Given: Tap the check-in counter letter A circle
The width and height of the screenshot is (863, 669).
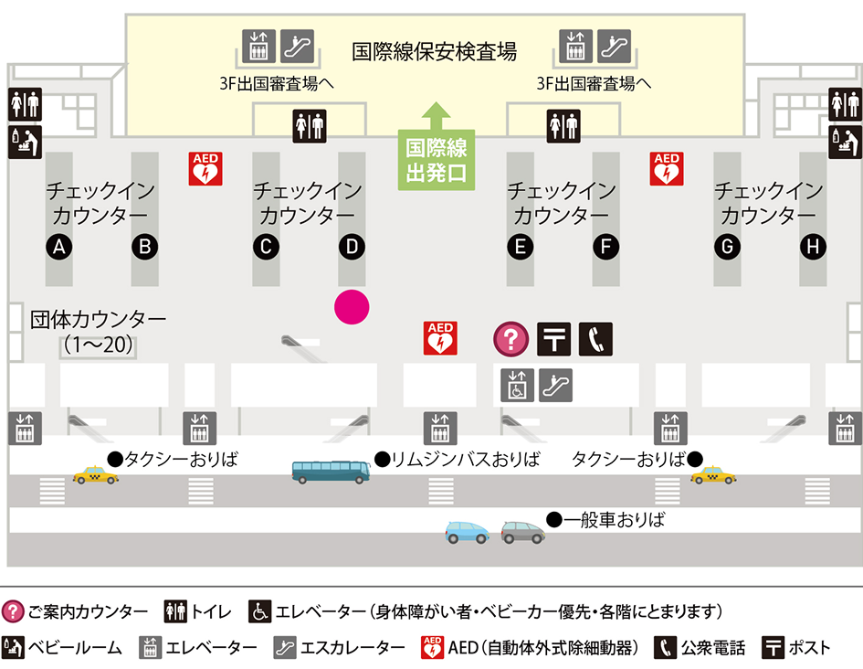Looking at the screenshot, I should [59, 246].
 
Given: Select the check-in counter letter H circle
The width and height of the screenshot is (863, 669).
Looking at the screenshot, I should [812, 246].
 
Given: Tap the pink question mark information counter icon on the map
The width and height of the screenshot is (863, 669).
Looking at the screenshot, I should [511, 339].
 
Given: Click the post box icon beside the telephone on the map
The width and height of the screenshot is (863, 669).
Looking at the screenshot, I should [553, 339].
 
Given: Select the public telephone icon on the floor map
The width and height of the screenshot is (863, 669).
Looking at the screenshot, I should [595, 339].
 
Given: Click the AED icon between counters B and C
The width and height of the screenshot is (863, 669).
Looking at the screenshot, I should [205, 169].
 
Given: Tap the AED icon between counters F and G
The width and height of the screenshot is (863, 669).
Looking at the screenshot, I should [667, 169].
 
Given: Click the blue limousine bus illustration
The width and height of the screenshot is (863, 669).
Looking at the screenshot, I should [331, 472].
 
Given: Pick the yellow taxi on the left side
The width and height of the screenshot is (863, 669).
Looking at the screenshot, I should [96, 475].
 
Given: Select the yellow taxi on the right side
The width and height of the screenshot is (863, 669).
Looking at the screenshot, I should [713, 475].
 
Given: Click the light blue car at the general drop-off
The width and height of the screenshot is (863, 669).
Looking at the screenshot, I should [467, 532].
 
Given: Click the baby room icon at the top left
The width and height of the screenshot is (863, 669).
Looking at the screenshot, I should [25, 143].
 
